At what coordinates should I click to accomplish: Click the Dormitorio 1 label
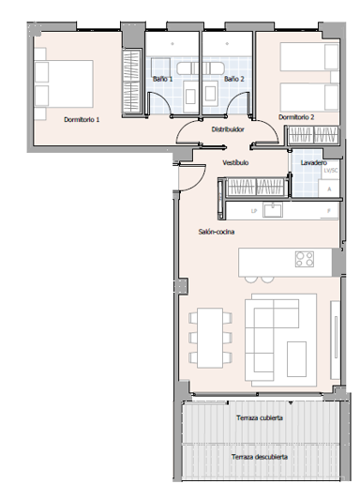coord(82,120)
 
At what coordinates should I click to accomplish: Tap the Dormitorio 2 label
coord(295,117)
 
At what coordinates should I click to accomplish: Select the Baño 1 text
coord(164,79)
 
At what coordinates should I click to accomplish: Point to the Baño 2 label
coord(234,79)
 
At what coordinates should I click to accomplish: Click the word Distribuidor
coord(228,129)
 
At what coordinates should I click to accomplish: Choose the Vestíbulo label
coord(235,162)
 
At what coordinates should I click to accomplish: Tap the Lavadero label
coord(313,162)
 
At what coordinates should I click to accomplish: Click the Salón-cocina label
coord(216,231)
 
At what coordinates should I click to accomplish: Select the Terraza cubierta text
coord(260,417)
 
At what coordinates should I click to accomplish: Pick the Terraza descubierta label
coord(260,457)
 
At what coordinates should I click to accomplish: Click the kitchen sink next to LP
coord(274,211)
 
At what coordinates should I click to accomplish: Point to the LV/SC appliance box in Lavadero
coord(329,171)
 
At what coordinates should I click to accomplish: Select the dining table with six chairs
coord(210,338)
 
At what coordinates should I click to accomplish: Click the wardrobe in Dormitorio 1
coord(131,83)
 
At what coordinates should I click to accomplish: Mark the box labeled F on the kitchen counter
coord(328,211)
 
